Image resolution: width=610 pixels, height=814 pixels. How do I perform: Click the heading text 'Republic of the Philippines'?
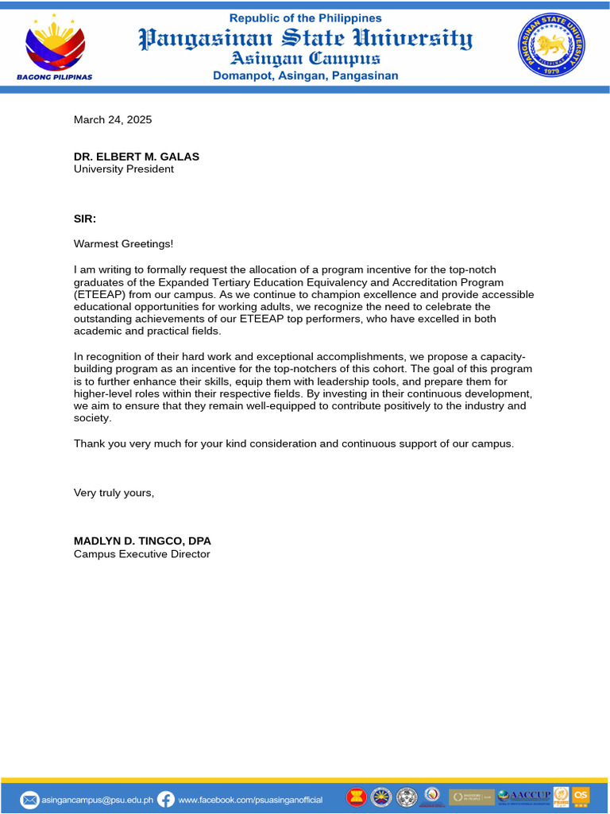click(306, 17)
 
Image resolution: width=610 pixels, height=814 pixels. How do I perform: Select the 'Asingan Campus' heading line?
click(305, 58)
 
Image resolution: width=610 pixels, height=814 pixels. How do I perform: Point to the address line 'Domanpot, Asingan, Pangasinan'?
click(306, 76)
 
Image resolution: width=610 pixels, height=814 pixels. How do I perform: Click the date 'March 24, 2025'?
click(113, 120)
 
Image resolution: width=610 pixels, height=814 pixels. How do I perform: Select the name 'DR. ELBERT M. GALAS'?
click(137, 157)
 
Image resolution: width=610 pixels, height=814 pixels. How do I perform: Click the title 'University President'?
click(124, 169)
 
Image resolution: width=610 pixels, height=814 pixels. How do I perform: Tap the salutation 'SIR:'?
click(85, 219)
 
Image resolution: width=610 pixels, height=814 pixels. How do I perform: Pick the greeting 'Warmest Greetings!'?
click(123, 243)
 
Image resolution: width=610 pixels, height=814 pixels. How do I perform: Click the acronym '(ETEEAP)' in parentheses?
click(99, 294)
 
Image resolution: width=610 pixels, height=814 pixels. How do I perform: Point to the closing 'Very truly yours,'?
click(114, 493)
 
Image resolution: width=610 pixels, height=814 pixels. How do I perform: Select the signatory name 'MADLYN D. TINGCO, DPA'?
click(142, 541)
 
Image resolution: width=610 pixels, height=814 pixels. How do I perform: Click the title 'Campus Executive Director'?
click(141, 554)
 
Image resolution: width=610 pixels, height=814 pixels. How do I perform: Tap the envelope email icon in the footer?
click(29, 799)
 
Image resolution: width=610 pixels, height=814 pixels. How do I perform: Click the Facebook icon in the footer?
click(166, 799)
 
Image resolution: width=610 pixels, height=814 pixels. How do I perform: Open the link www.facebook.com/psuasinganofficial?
click(250, 799)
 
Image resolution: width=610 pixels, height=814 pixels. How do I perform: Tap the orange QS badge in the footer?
click(581, 795)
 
